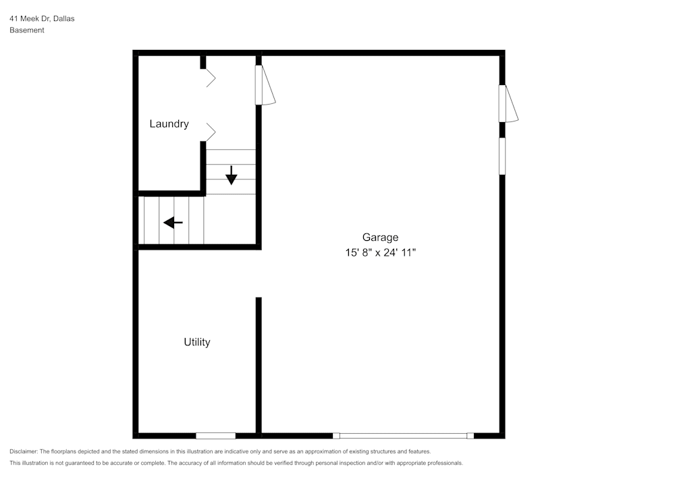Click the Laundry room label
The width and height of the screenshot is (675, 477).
[169, 124]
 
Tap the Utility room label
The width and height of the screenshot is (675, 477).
[197, 342]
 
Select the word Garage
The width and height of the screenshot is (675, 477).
[380, 237]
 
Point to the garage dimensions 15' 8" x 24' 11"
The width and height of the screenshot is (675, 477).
[380, 252]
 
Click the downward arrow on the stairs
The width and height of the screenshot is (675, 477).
[232, 175]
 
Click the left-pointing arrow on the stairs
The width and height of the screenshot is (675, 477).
[173, 223]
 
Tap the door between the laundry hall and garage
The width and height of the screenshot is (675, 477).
[265, 85]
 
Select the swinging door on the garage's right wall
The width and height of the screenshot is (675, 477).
[508, 104]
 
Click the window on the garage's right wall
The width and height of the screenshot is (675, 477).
[502, 156]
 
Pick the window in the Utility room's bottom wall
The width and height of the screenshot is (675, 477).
[216, 436]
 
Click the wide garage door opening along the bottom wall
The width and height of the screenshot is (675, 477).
[404, 436]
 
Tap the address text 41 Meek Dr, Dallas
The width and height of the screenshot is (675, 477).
[42, 18]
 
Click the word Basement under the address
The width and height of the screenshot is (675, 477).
[27, 30]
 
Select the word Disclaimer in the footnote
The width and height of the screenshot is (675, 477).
[23, 451]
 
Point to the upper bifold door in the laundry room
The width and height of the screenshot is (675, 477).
[210, 78]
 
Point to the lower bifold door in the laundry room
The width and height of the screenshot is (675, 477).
[210, 132]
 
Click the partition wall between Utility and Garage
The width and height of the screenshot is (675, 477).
[259, 366]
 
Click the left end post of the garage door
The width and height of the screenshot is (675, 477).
[336, 436]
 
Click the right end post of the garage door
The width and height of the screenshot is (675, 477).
[470, 436]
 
